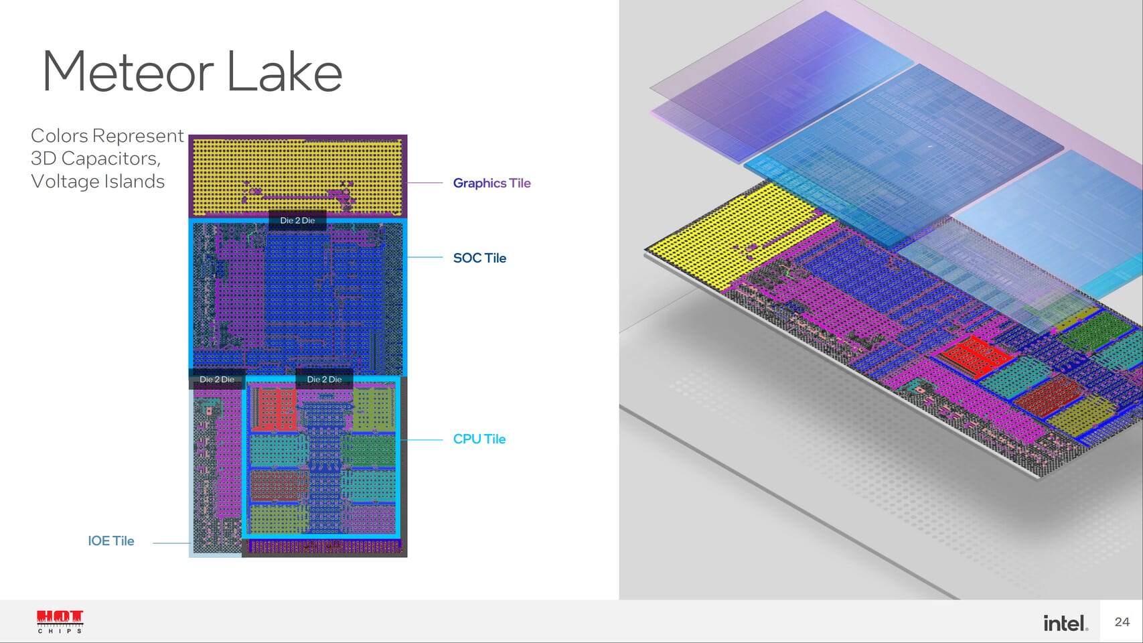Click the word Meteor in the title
[x=127, y=72]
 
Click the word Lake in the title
[x=285, y=72]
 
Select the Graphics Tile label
[x=491, y=183]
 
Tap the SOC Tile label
[x=479, y=258]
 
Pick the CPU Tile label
[x=479, y=439]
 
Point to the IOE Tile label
[x=111, y=541]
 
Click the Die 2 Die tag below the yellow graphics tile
[x=297, y=220]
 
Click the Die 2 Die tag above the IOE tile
[x=217, y=379]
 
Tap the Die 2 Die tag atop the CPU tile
[x=324, y=379]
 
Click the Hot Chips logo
[x=60, y=621]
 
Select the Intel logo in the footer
[x=1065, y=623]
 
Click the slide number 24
[x=1122, y=622]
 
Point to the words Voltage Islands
[x=98, y=181]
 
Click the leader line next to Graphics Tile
[x=425, y=183]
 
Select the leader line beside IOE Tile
[x=171, y=543]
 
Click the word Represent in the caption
[x=138, y=135]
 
